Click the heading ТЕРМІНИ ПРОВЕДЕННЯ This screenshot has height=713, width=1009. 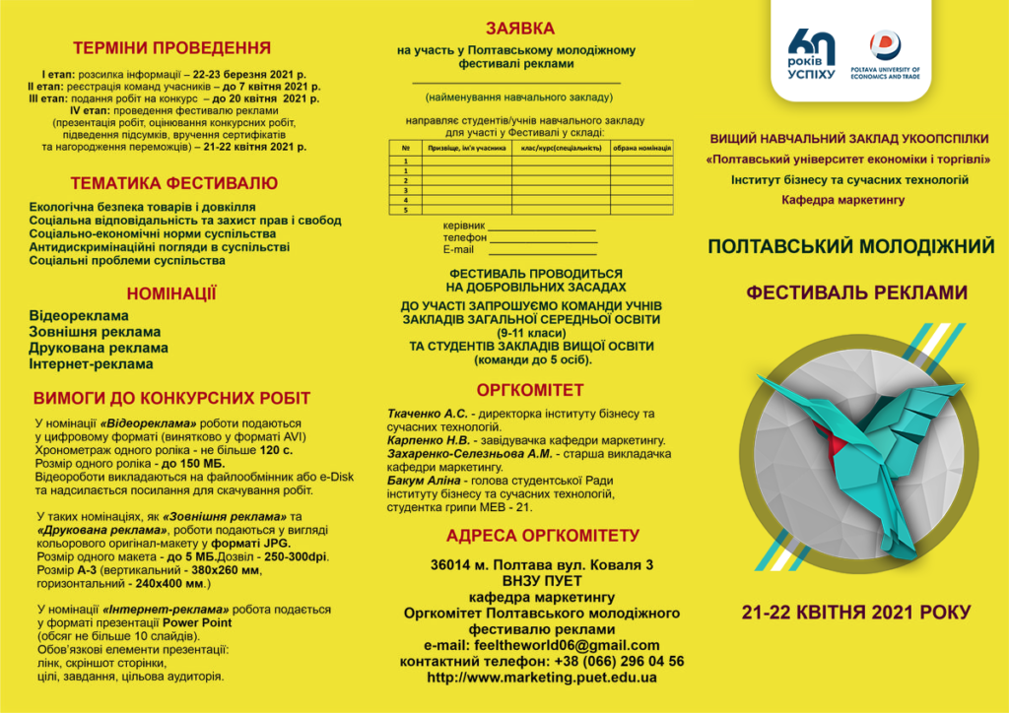pyautogui.click(x=172, y=47)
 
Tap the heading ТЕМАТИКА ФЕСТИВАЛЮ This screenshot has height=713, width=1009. pyautogui.click(x=173, y=183)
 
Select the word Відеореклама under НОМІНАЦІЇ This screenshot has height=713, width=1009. pyautogui.click(x=79, y=316)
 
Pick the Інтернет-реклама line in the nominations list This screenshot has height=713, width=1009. pyautogui.click(x=91, y=363)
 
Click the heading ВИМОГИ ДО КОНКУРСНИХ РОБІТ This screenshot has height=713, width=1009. pyautogui.click(x=172, y=399)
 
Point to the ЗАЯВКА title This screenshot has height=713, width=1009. pyautogui.click(x=520, y=29)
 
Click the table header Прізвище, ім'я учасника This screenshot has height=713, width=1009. pyautogui.click(x=466, y=148)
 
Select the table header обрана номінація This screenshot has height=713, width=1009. pyautogui.click(x=641, y=148)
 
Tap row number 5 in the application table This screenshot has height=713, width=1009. pyautogui.click(x=406, y=210)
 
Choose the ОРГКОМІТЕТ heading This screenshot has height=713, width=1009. pyautogui.click(x=530, y=390)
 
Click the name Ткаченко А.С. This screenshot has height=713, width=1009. pyautogui.click(x=427, y=413)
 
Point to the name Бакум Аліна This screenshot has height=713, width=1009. pyautogui.click(x=426, y=480)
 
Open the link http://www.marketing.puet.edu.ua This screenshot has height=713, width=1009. pyautogui.click(x=542, y=678)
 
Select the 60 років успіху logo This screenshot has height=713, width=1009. pyautogui.click(x=812, y=54)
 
